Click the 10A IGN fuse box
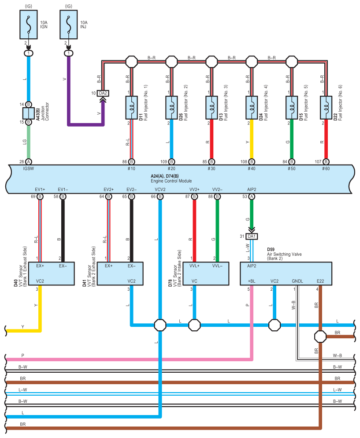(29, 25)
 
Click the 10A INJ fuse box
(69, 25)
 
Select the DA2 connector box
(103, 93)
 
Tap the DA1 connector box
(252, 236)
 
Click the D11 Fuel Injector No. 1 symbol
(131, 108)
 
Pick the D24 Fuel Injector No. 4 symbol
(252, 108)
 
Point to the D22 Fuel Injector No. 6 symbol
(326, 108)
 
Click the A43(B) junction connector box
(29, 113)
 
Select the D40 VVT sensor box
(52, 273)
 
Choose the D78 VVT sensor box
(206, 273)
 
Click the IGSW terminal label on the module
(29, 169)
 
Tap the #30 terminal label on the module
(211, 169)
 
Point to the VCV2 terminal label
(160, 189)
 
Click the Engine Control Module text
(171, 181)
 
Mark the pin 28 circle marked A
(29, 162)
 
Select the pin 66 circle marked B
(160, 197)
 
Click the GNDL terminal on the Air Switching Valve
(297, 281)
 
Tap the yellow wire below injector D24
(252, 139)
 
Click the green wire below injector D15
(292, 139)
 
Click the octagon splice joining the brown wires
(320, 337)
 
